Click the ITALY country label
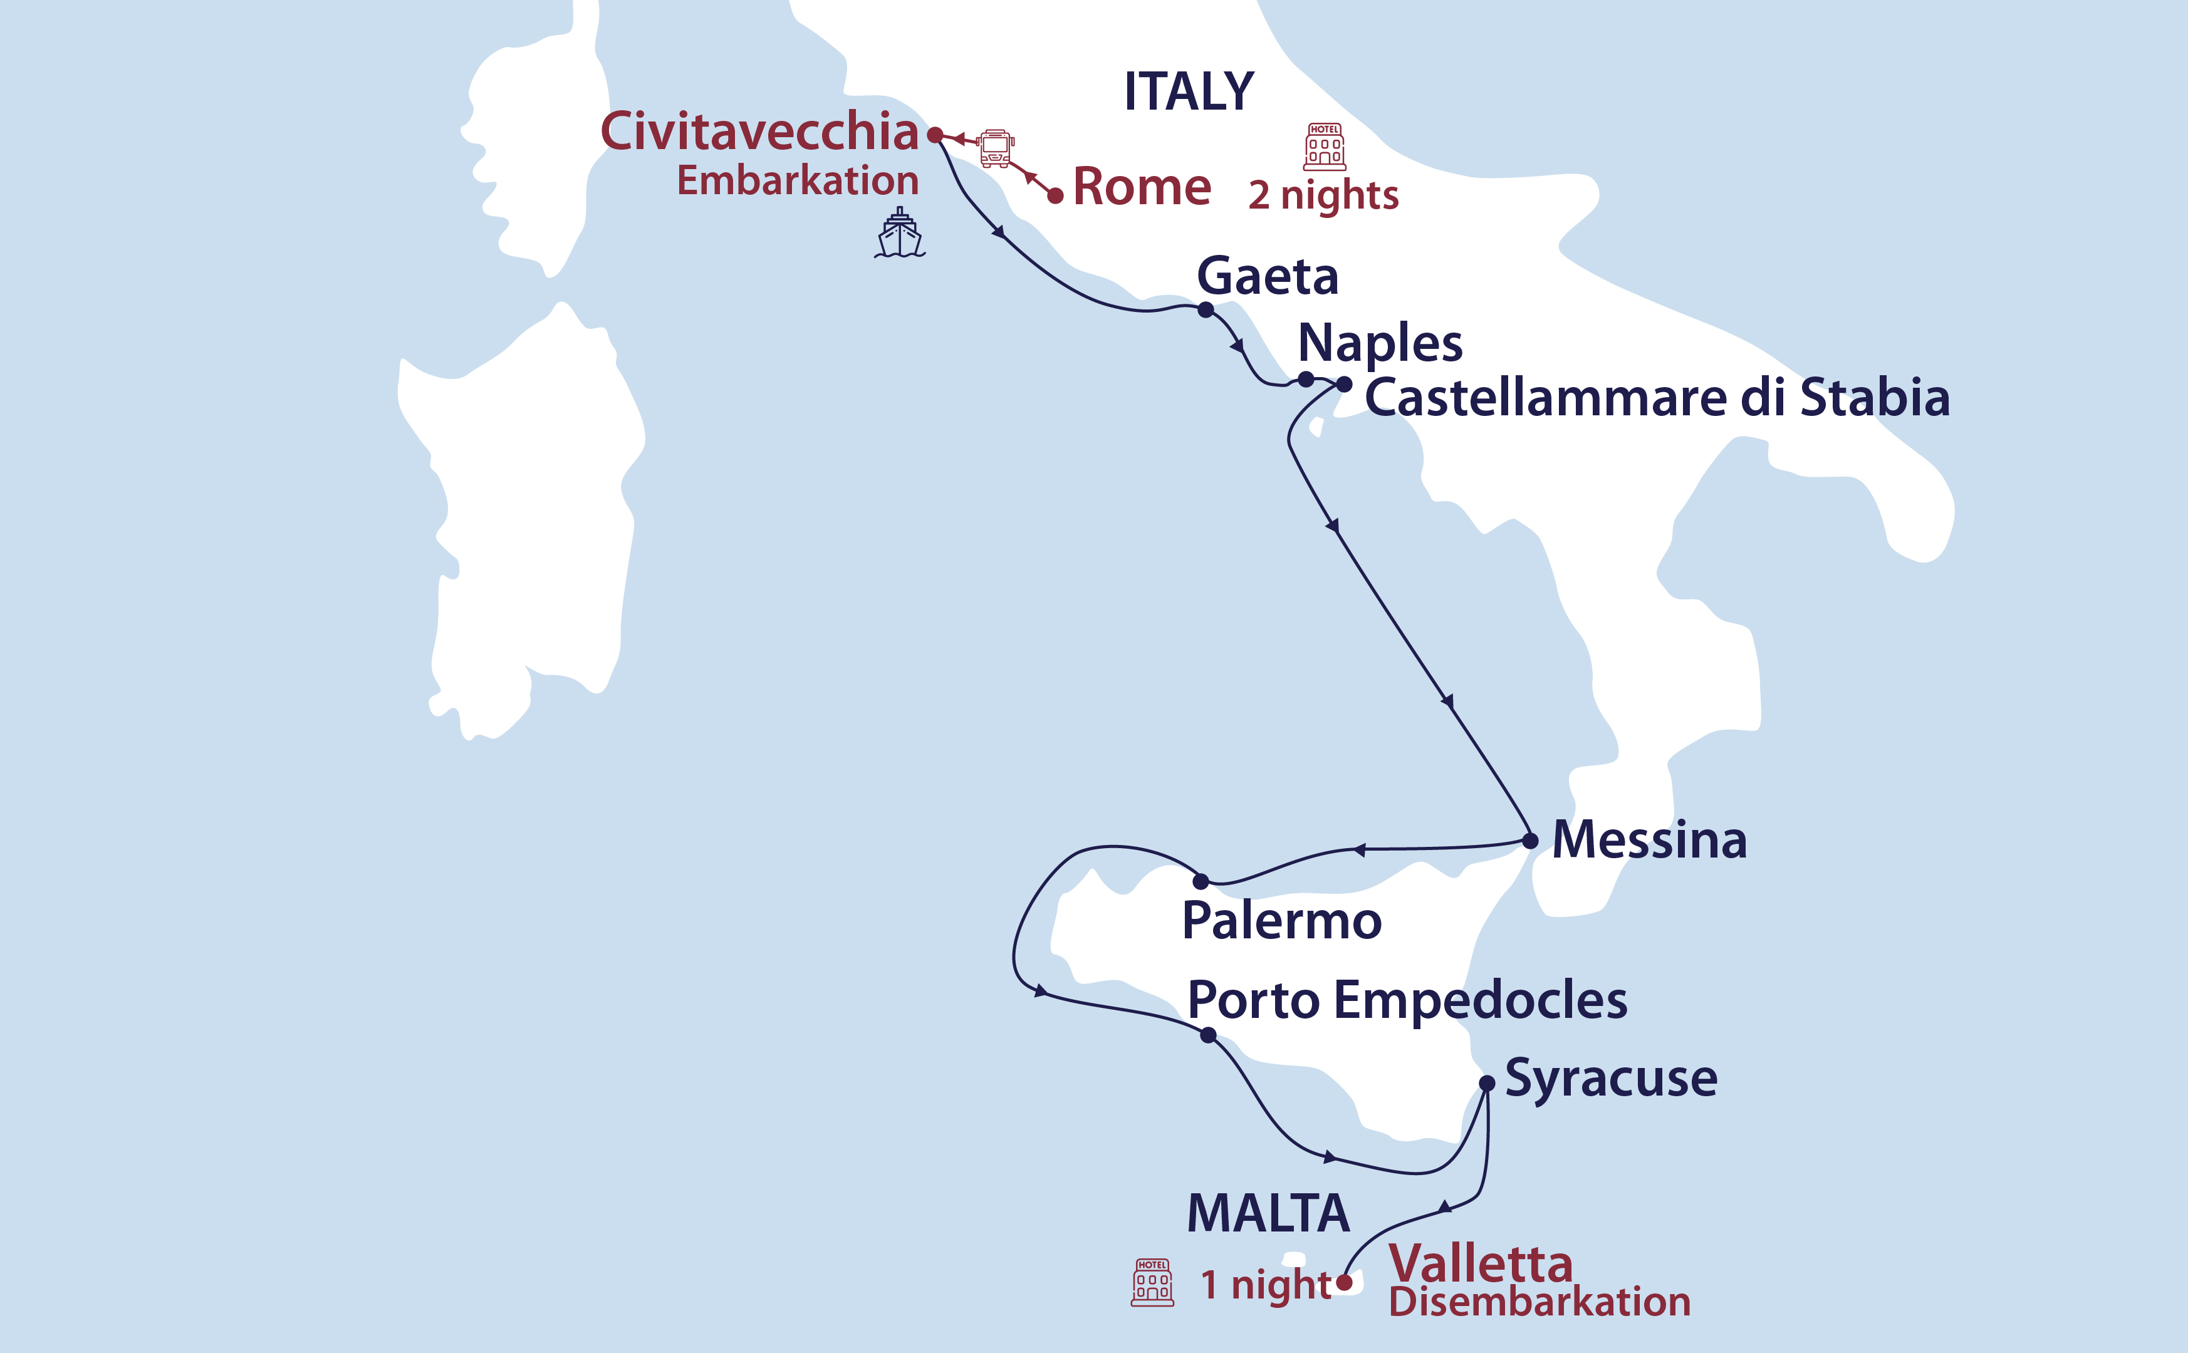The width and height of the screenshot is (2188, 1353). point(1189,91)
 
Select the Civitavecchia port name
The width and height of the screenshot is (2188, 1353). point(759,132)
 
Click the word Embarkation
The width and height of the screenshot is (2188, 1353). point(798,181)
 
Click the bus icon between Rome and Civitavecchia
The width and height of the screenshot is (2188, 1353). point(995,148)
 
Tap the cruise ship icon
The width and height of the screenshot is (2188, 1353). point(899,234)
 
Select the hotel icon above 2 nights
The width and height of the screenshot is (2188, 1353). point(1325,147)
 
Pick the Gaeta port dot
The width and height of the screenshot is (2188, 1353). point(1206,309)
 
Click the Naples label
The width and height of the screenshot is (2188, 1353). point(1380,343)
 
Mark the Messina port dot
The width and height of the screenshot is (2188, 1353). point(1530,840)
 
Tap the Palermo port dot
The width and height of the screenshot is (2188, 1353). point(1201,881)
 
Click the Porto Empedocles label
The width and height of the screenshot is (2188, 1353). point(1407,1000)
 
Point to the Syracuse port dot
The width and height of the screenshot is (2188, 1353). point(1486,1083)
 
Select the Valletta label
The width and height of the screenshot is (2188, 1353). point(1480,1263)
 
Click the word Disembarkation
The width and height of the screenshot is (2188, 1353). point(1539,1302)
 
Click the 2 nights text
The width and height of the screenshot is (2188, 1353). point(1323,195)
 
